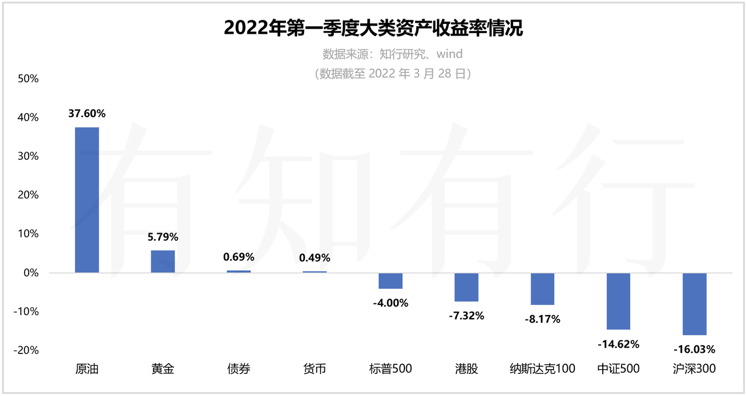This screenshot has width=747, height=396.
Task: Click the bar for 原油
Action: pos(87,199)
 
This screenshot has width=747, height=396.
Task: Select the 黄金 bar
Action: pos(163,261)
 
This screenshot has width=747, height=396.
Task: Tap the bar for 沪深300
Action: pos(694,304)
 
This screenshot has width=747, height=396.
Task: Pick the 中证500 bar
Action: pos(618,301)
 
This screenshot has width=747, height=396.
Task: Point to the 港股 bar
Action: pos(466,287)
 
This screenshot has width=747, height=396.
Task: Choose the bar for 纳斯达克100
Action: pos(542,289)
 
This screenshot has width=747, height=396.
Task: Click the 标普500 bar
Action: pos(390,281)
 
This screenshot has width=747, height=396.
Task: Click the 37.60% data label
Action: pos(87,114)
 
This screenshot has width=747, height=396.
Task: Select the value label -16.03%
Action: pos(694,349)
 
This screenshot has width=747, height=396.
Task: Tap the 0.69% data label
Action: pos(239,257)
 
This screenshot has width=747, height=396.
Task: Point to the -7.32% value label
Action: pos(466,316)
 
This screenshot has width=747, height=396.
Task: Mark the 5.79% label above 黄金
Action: pos(163,237)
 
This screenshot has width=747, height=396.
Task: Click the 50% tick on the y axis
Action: pos(27,79)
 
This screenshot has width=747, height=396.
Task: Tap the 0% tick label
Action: pos(30,272)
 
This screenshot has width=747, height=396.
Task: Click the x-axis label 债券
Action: pos(239,369)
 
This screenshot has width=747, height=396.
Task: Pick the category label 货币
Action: pos(315,369)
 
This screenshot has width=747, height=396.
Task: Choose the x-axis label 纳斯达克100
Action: pos(542,369)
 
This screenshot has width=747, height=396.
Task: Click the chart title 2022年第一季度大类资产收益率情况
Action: pos(373,28)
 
